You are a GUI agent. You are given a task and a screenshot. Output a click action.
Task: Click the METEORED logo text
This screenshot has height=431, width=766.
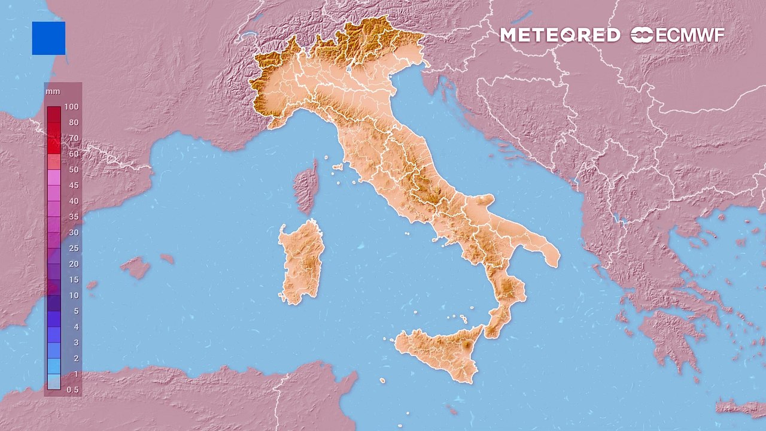click(560, 35)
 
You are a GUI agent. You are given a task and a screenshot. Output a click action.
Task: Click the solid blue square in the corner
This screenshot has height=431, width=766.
click(48, 38)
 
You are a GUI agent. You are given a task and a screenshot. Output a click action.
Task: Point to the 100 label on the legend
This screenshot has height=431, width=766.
click(72, 107)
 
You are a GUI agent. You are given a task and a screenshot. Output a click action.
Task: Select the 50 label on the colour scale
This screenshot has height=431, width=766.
click(74, 169)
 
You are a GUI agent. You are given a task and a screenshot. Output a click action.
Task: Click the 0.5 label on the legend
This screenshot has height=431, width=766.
click(72, 389)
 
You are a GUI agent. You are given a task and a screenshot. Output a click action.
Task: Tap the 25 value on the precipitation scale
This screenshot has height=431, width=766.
click(74, 248)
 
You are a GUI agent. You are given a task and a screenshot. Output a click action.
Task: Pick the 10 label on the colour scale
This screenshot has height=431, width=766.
click(74, 295)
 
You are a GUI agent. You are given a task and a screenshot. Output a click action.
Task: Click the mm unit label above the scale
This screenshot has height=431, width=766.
click(50, 92)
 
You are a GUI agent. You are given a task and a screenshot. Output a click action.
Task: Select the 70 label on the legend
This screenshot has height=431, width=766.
click(74, 138)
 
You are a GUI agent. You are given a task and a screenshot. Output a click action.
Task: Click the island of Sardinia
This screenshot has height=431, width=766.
click(301, 260)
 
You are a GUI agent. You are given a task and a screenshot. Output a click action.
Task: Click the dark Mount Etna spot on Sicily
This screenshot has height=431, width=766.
click(467, 346)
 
